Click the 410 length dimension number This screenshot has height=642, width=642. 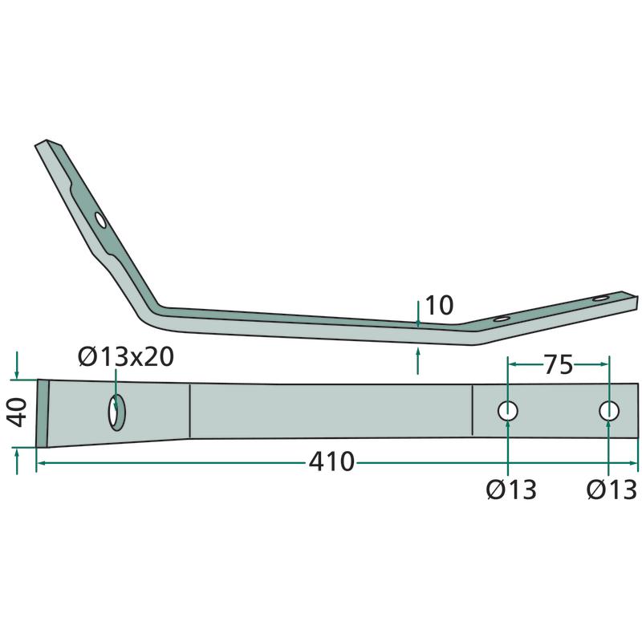tap(331, 462)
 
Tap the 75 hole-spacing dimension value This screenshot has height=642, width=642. tap(558, 364)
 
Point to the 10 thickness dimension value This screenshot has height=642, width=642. tap(439, 305)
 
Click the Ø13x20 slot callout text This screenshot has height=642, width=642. tap(126, 356)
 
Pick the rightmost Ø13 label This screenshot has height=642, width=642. tap(612, 490)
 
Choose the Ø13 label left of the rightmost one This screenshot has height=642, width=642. tap(511, 490)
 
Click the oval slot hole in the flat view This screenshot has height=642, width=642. tap(117, 412)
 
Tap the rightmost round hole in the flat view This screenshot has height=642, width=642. tap(609, 411)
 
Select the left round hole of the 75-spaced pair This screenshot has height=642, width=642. tap(508, 411)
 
